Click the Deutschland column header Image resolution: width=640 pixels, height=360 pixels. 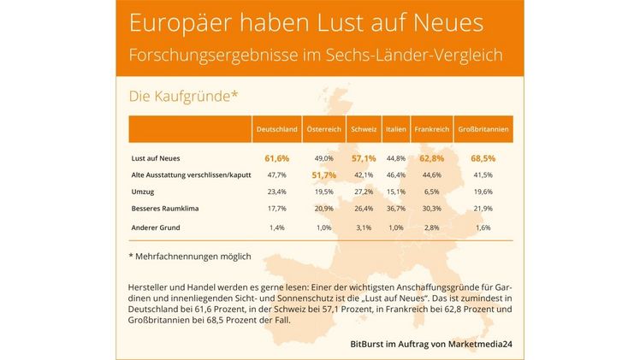(x=277, y=129)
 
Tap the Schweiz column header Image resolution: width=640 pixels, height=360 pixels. (x=363, y=129)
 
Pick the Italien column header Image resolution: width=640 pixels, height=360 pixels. (x=394, y=129)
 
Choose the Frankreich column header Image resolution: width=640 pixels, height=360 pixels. (x=431, y=129)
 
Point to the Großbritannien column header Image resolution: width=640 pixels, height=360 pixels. (x=484, y=129)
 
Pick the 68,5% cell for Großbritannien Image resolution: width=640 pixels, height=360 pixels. (x=483, y=158)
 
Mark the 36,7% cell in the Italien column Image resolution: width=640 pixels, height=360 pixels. (x=394, y=208)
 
